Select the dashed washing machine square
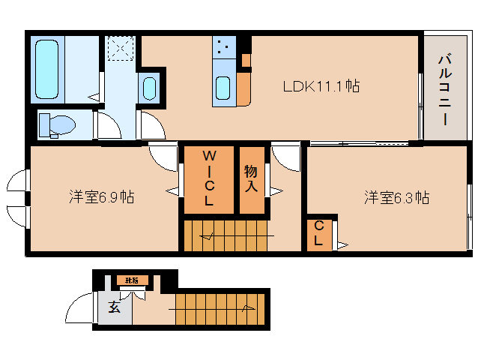coord(120,49)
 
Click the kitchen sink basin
coord(223,88)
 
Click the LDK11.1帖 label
coord(320,86)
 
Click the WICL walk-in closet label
coord(209,178)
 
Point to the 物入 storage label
coord(251,178)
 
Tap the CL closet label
coord(318,233)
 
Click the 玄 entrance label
coord(113,307)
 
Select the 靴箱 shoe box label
coord(131,280)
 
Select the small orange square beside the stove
coord(246,58)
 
